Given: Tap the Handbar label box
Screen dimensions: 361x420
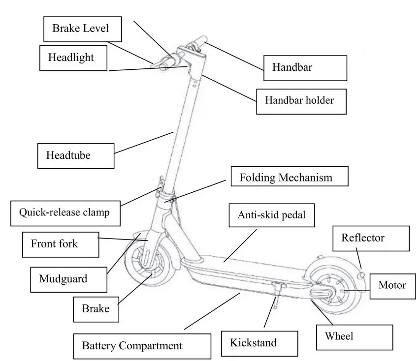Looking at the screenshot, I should tap(305, 68).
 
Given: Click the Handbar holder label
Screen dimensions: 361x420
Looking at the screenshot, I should tap(301, 101).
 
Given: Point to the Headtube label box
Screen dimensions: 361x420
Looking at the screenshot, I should tap(76, 156).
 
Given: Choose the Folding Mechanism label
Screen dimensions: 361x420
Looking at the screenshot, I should tap(289, 177).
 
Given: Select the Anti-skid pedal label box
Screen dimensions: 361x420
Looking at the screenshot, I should tap(272, 215).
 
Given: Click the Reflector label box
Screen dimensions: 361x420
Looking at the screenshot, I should tap(371, 239).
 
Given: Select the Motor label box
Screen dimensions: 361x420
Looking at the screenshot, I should tap(392, 285).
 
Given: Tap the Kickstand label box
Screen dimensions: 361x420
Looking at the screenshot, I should tap(259, 343).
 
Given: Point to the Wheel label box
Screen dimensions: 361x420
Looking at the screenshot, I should tap(354, 337).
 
